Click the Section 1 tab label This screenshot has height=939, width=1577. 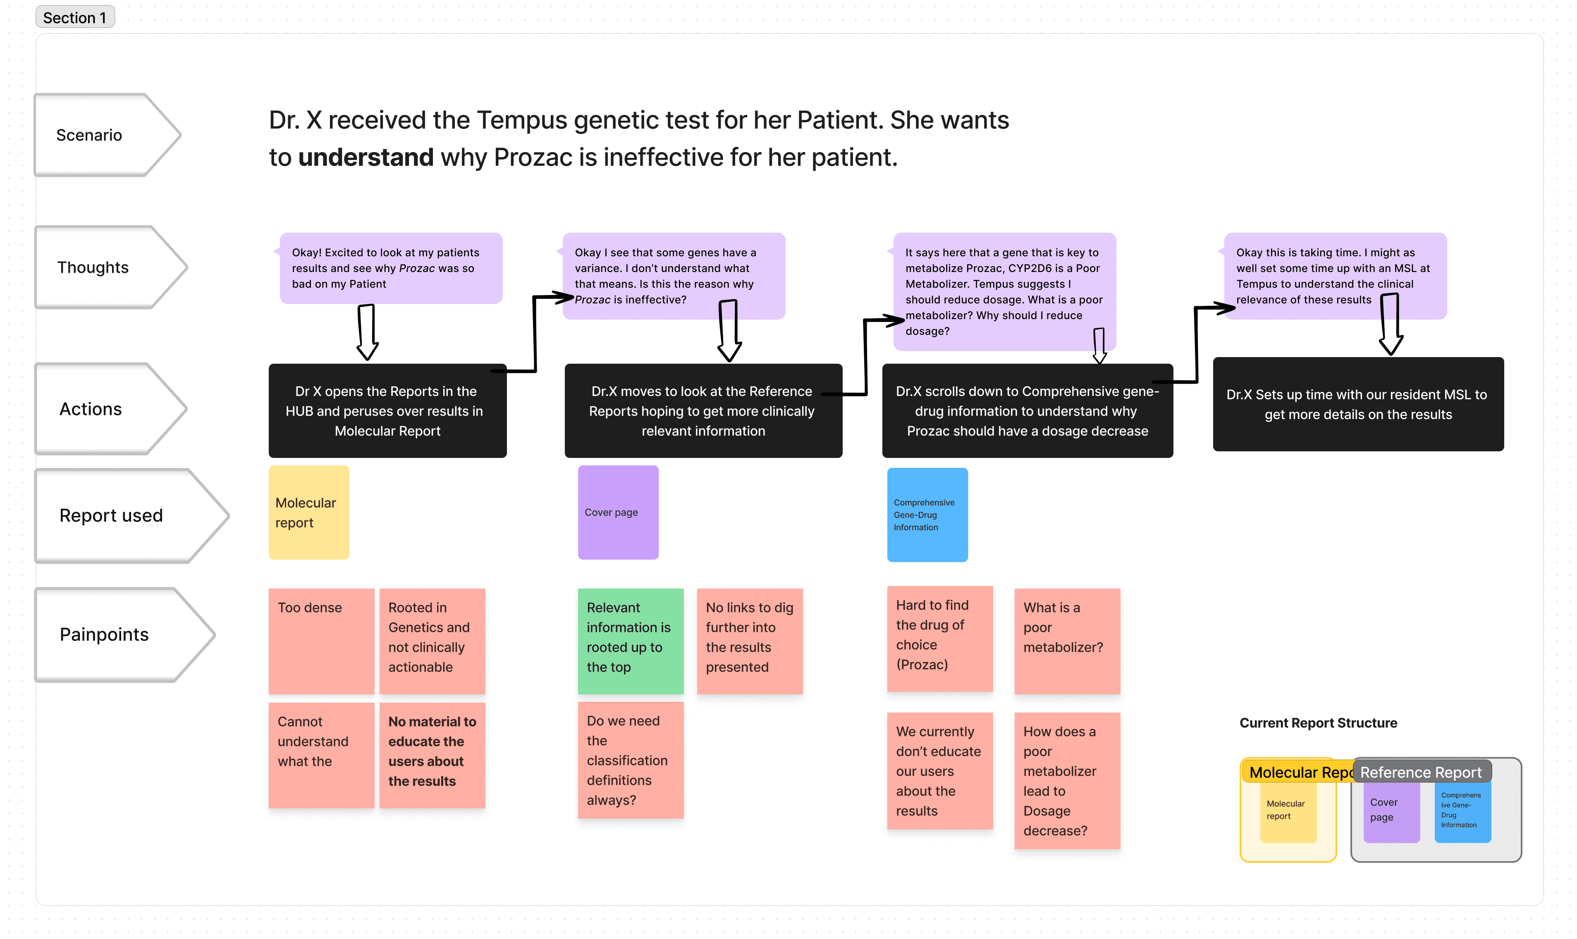point(75,17)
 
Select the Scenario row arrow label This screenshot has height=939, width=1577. point(89,135)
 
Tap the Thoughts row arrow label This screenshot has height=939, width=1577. point(93,267)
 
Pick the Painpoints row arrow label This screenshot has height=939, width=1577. point(104,634)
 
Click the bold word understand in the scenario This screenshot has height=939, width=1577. point(366,157)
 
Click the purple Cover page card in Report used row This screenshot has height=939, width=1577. point(618,512)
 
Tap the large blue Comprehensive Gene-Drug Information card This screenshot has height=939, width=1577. point(927,515)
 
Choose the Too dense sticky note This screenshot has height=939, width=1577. point(321,640)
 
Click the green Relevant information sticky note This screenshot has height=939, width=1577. point(630,640)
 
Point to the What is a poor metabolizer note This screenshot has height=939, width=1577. point(1067,640)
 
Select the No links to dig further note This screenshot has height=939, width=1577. point(749,640)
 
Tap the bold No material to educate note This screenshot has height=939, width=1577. point(432,754)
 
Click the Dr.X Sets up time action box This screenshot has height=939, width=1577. point(1357,404)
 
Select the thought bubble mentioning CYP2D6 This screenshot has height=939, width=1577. point(1004,291)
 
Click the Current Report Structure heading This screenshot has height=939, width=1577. point(1318,722)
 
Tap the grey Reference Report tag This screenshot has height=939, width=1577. point(1421,772)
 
